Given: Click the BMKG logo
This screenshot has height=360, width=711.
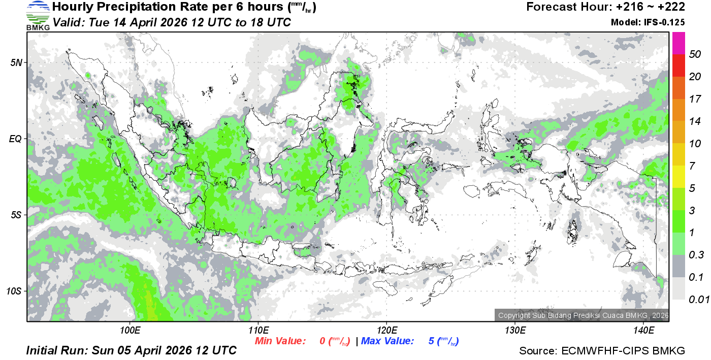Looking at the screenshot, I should tap(38, 15).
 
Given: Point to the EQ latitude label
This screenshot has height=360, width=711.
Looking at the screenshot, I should tap(15, 138).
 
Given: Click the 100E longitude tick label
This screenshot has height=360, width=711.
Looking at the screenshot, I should tap(130, 331).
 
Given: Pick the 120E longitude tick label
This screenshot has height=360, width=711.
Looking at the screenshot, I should tap(386, 331).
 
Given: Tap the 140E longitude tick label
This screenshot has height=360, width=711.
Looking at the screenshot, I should tap(643, 331).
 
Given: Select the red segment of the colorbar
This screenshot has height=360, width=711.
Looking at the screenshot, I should tap(679, 66).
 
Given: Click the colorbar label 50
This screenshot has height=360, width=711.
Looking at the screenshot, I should tap(695, 55).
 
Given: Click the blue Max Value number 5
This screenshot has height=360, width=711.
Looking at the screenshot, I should tap(431, 341).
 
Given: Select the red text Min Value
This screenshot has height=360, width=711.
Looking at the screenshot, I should tap(280, 341).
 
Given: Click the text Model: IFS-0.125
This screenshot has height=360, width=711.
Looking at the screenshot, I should tap(648, 22).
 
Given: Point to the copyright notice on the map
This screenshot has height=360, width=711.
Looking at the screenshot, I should tap(582, 315).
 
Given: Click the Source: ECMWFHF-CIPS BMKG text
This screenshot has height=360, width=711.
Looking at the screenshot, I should tap(602, 351).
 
